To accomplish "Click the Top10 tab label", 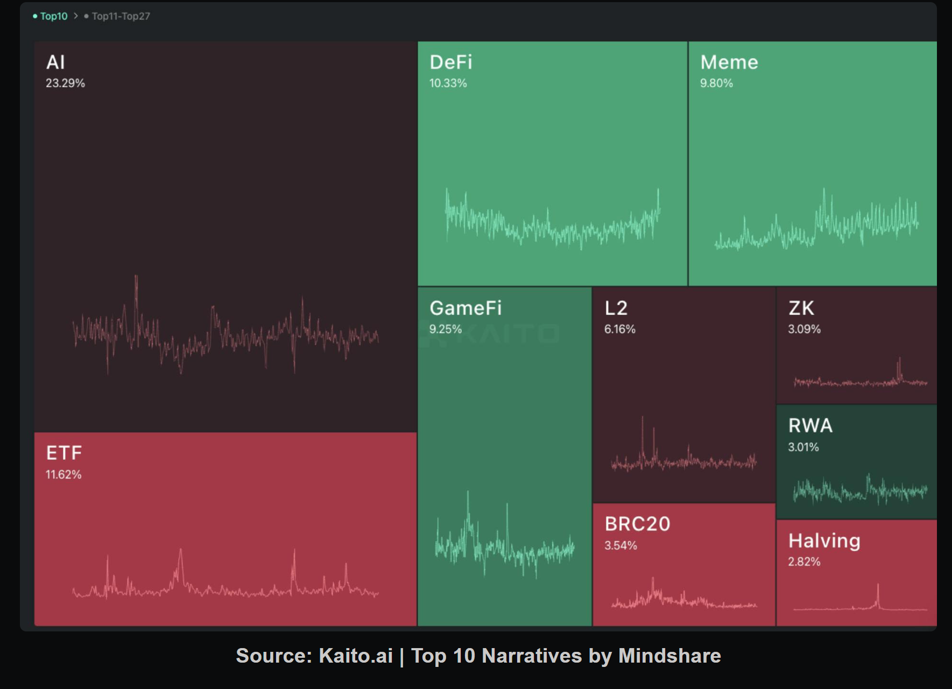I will point(54,16).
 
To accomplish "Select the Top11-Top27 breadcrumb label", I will point(121,16).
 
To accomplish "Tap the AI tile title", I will point(55,62).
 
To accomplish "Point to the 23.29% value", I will point(65,83).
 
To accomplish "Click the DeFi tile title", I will point(451,62).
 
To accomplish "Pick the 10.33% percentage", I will point(448,83).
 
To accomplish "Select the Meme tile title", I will point(729,62).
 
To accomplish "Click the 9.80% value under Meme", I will point(716,83).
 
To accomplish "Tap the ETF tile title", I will point(64,453).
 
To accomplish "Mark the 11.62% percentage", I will point(64,475).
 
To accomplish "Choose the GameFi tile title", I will point(466,308).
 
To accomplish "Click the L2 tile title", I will point(616,308).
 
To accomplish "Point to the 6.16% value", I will point(620,329).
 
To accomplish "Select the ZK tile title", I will point(801,308).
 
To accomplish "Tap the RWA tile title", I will point(810,426).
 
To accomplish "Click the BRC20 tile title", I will point(638,524).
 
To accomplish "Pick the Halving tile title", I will point(824,541).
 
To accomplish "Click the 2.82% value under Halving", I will point(804,562).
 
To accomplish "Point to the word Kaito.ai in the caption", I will point(356,656).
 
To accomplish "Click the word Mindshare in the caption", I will point(669,656).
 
